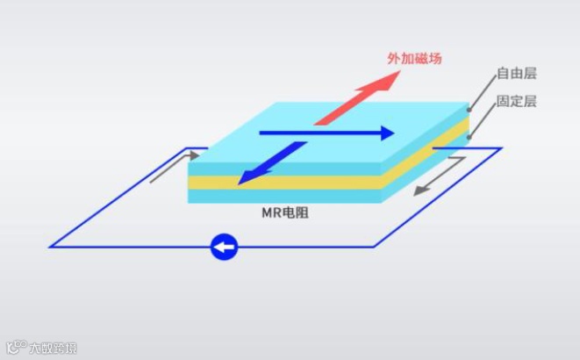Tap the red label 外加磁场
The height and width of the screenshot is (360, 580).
[x=414, y=59]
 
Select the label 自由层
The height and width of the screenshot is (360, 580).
[x=516, y=74]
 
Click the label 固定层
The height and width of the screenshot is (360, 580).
[x=516, y=101]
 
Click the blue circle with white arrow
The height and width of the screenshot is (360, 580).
[x=225, y=247]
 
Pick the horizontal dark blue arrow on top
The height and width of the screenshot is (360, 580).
[x=325, y=133]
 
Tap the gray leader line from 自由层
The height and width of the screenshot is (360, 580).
[x=482, y=91]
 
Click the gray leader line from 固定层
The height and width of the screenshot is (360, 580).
[x=483, y=119]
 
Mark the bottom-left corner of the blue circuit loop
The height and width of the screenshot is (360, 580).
[x=50, y=247]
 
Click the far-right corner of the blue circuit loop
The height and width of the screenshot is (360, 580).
[x=501, y=148]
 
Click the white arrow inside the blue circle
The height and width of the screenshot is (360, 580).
[x=225, y=247]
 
